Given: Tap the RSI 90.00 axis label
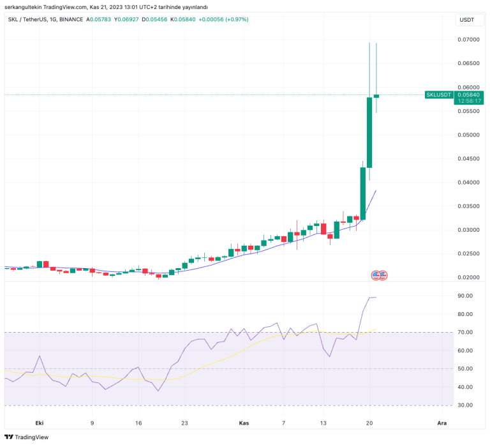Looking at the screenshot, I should pyautogui.click(x=465, y=296).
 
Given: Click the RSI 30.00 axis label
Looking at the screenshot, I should pyautogui.click(x=465, y=405).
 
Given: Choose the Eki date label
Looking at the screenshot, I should pyautogui.click(x=39, y=423).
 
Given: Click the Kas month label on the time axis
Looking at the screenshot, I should pyautogui.click(x=243, y=423).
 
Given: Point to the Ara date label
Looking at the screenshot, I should pyautogui.click(x=442, y=423).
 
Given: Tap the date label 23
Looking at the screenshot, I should pyautogui.click(x=185, y=423).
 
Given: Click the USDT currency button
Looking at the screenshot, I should pyautogui.click(x=466, y=20).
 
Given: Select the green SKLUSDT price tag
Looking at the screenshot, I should pyautogui.click(x=439, y=94).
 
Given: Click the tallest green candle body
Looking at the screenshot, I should pyautogui.click(x=369, y=132).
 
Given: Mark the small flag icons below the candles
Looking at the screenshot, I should pyautogui.click(x=380, y=275).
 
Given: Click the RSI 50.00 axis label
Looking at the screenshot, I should pyautogui.click(x=465, y=369).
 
